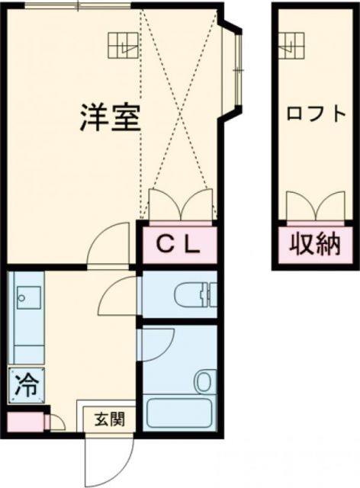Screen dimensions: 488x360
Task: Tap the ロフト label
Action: coord(316,114)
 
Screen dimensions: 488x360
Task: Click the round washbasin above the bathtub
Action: coord(204,380)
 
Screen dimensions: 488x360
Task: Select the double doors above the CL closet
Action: coord(179,204)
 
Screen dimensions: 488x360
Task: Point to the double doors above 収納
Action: coord(315,206)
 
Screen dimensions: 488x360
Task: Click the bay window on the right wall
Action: coord(236,68)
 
